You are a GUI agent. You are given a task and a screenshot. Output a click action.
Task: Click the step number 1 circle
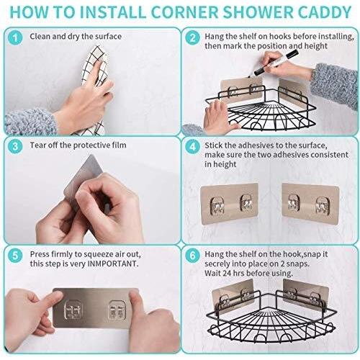pos(15,38)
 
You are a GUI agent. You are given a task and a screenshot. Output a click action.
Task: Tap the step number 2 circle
pos(193,38)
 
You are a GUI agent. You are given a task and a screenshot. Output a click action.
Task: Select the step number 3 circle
pos(15,146)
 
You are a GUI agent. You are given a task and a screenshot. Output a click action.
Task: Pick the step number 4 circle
pos(193,146)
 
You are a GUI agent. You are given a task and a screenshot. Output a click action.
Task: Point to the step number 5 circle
pos(15,255)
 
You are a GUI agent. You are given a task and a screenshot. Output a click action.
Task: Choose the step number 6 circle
pos(193,255)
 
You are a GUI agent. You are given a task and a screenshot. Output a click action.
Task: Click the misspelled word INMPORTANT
pos(112,264)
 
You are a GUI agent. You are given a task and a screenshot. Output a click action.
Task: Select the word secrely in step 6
pos(217,264)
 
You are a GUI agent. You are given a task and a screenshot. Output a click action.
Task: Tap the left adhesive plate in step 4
pos(229,204)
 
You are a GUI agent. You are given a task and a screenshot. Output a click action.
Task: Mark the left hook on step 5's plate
pos(73,310)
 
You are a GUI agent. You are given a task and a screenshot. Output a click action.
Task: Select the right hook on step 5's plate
pos(117,310)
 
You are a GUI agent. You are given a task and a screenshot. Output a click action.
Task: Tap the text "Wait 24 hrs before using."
pos(248,274)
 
